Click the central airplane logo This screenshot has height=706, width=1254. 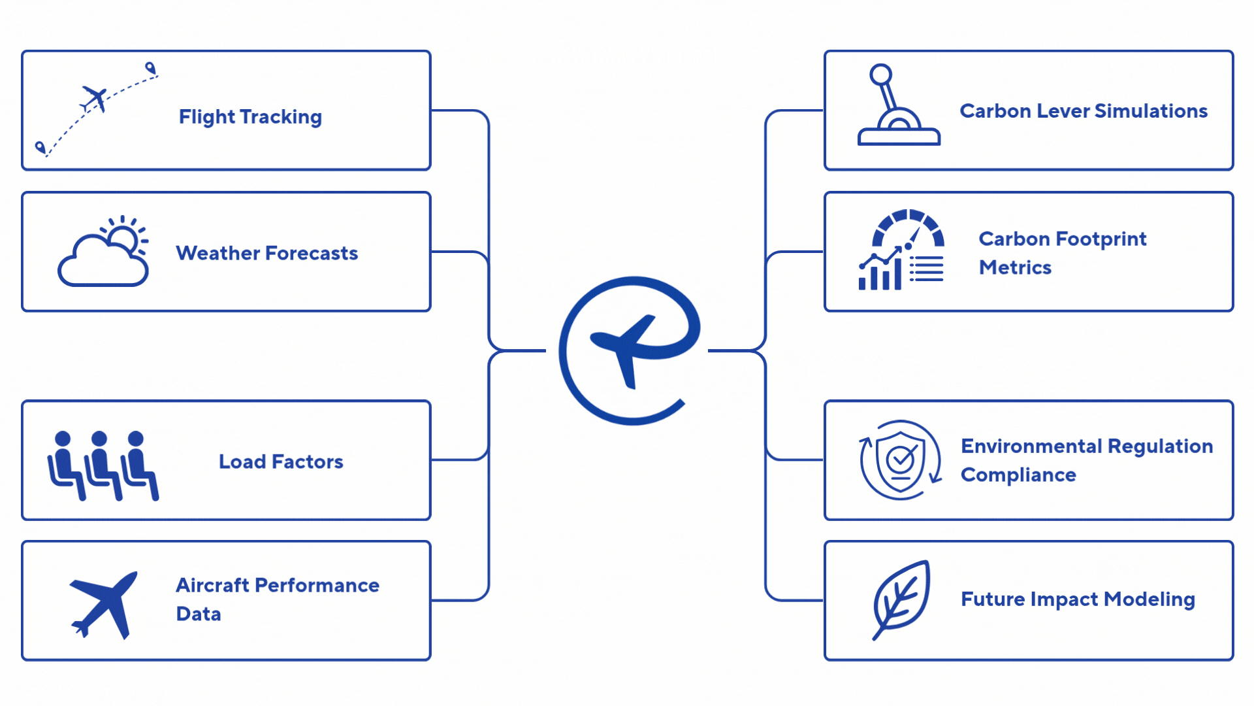point(629,350)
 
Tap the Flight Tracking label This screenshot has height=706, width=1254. point(250,117)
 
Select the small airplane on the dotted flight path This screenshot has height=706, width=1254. point(95,99)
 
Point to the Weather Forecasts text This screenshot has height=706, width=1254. point(266,253)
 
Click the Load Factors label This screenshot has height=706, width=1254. point(281,462)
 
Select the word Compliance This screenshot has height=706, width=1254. point(1018,475)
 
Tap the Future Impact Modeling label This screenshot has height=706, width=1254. point(1078,599)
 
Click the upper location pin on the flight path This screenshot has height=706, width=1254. point(150,67)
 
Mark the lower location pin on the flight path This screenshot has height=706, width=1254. point(40,147)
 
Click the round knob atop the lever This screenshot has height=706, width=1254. point(880,74)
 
